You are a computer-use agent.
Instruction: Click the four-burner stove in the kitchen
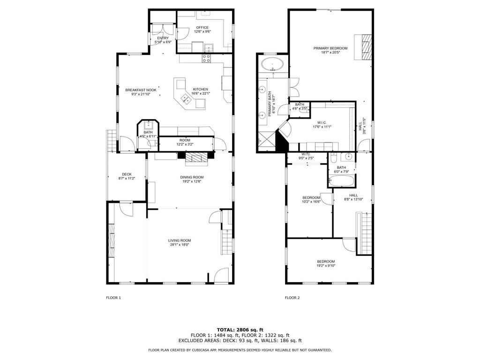click(206, 58)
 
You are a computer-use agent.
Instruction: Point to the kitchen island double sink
click(186, 98)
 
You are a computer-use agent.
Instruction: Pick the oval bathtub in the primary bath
click(272, 64)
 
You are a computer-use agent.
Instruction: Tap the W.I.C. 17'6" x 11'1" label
click(322, 124)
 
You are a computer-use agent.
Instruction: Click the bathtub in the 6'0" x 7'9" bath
click(341, 180)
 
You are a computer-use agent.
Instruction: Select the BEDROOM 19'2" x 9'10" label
click(326, 263)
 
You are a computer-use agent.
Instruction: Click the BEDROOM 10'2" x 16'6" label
click(311, 200)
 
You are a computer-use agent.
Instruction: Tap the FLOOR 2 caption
click(292, 298)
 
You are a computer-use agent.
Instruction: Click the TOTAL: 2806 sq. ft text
click(240, 330)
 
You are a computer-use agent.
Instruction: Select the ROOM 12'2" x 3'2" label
click(185, 142)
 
